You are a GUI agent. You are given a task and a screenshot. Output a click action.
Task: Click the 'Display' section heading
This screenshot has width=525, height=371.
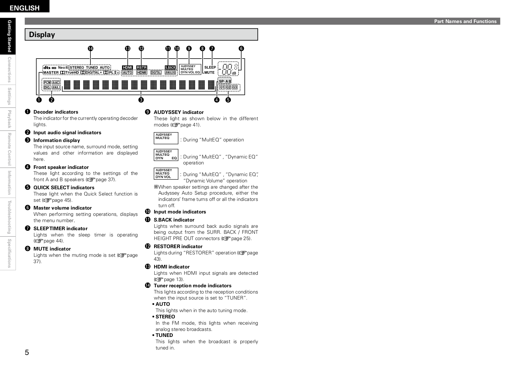coord(42,35)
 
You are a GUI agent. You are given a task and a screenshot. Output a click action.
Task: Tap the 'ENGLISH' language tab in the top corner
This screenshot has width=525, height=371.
coord(25,8)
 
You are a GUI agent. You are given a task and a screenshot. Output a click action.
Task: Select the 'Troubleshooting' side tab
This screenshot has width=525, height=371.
coord(9,217)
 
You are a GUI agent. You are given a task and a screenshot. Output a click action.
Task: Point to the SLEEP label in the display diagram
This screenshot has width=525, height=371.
coord(210,68)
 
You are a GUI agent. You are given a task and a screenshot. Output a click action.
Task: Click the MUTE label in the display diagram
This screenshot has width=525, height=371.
coord(210,73)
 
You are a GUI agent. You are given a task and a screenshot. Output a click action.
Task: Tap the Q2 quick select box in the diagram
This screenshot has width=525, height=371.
coord(228,87)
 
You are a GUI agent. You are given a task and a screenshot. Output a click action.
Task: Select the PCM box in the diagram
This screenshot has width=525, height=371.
coord(47,83)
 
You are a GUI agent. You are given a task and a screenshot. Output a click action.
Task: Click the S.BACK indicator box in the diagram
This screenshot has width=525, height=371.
coord(170,68)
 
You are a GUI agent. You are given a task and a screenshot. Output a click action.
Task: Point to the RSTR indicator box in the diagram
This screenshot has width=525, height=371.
coord(142,68)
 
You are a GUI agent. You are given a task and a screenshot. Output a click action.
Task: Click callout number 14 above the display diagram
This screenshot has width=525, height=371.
coord(90,48)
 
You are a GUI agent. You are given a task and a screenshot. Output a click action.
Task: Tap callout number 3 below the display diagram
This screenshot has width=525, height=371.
coord(141,100)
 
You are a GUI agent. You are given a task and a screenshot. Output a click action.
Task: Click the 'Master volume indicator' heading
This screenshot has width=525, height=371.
coord(63,208)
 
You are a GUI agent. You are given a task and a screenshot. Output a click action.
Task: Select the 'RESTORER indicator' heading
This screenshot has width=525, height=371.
coord(178,246)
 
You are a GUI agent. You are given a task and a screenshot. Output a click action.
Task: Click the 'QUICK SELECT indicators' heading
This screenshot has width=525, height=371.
coord(64,187)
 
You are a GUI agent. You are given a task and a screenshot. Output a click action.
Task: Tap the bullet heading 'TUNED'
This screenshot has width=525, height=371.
coord(164,335)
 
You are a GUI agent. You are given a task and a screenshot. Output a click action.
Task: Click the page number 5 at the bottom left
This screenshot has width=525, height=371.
coord(27,352)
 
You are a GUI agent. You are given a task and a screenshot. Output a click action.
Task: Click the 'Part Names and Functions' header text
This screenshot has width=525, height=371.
coord(465,21)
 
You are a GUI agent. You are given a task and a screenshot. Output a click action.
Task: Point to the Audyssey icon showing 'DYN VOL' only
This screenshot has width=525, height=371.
coord(166,174)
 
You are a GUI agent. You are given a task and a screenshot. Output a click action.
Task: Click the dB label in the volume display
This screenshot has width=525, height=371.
coord(234,74)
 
